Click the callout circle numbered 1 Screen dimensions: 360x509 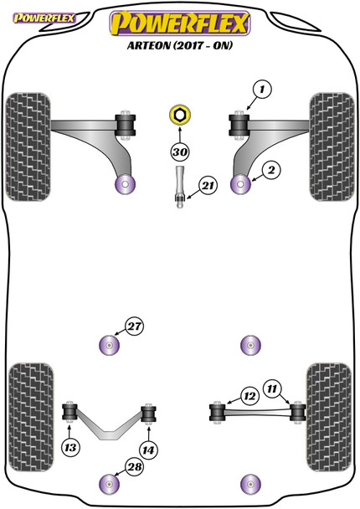click(262, 89)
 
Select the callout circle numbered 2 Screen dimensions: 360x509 click(271, 170)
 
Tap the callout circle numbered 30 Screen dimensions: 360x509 click(180, 152)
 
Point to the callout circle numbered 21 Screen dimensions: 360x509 click(208, 186)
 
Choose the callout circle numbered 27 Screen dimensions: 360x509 click(135, 326)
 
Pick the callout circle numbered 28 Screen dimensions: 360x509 click(135, 467)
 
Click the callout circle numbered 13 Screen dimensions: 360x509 click(70, 448)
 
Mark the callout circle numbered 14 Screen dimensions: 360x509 click(148, 450)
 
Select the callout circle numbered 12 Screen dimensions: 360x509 click(249, 396)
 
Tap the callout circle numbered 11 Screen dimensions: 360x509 click(272, 388)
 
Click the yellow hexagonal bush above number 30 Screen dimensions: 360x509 click(180, 115)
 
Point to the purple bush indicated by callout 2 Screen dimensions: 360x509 click(240, 184)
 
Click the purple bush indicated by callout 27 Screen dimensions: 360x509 click(109, 345)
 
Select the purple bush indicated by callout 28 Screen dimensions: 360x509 click(109, 484)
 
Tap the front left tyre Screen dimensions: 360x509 click(28, 147)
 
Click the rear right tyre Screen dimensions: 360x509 click(329, 418)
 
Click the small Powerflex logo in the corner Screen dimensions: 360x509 click(44, 18)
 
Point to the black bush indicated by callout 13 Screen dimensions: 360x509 click(69, 412)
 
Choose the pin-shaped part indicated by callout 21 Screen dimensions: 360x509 click(180, 187)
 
